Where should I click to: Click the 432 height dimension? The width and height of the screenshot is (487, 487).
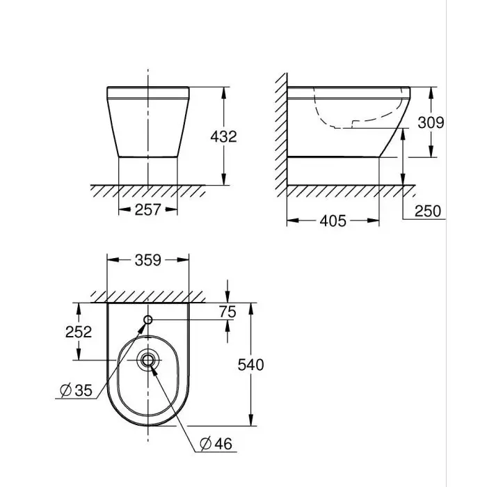click(x=224, y=136)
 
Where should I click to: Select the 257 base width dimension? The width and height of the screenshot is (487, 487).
click(x=147, y=209)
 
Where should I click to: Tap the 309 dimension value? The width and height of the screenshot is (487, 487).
click(x=431, y=122)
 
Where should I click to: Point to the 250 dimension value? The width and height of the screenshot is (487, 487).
click(x=427, y=211)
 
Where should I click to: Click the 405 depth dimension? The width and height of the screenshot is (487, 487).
click(x=333, y=221)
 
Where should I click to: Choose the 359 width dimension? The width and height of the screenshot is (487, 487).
click(x=147, y=260)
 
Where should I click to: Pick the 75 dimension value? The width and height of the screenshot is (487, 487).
click(x=227, y=312)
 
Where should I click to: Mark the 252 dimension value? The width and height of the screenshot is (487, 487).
click(x=79, y=332)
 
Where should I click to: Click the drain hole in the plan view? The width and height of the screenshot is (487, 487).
click(x=147, y=360)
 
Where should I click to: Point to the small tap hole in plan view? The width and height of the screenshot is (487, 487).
click(x=147, y=320)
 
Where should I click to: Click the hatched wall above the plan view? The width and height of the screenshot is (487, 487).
click(x=147, y=296)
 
